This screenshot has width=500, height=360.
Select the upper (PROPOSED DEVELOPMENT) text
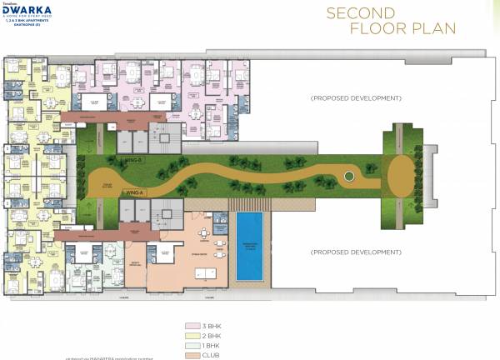pos(356,98)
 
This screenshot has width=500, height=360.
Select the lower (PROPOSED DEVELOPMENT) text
pos(356,252)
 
